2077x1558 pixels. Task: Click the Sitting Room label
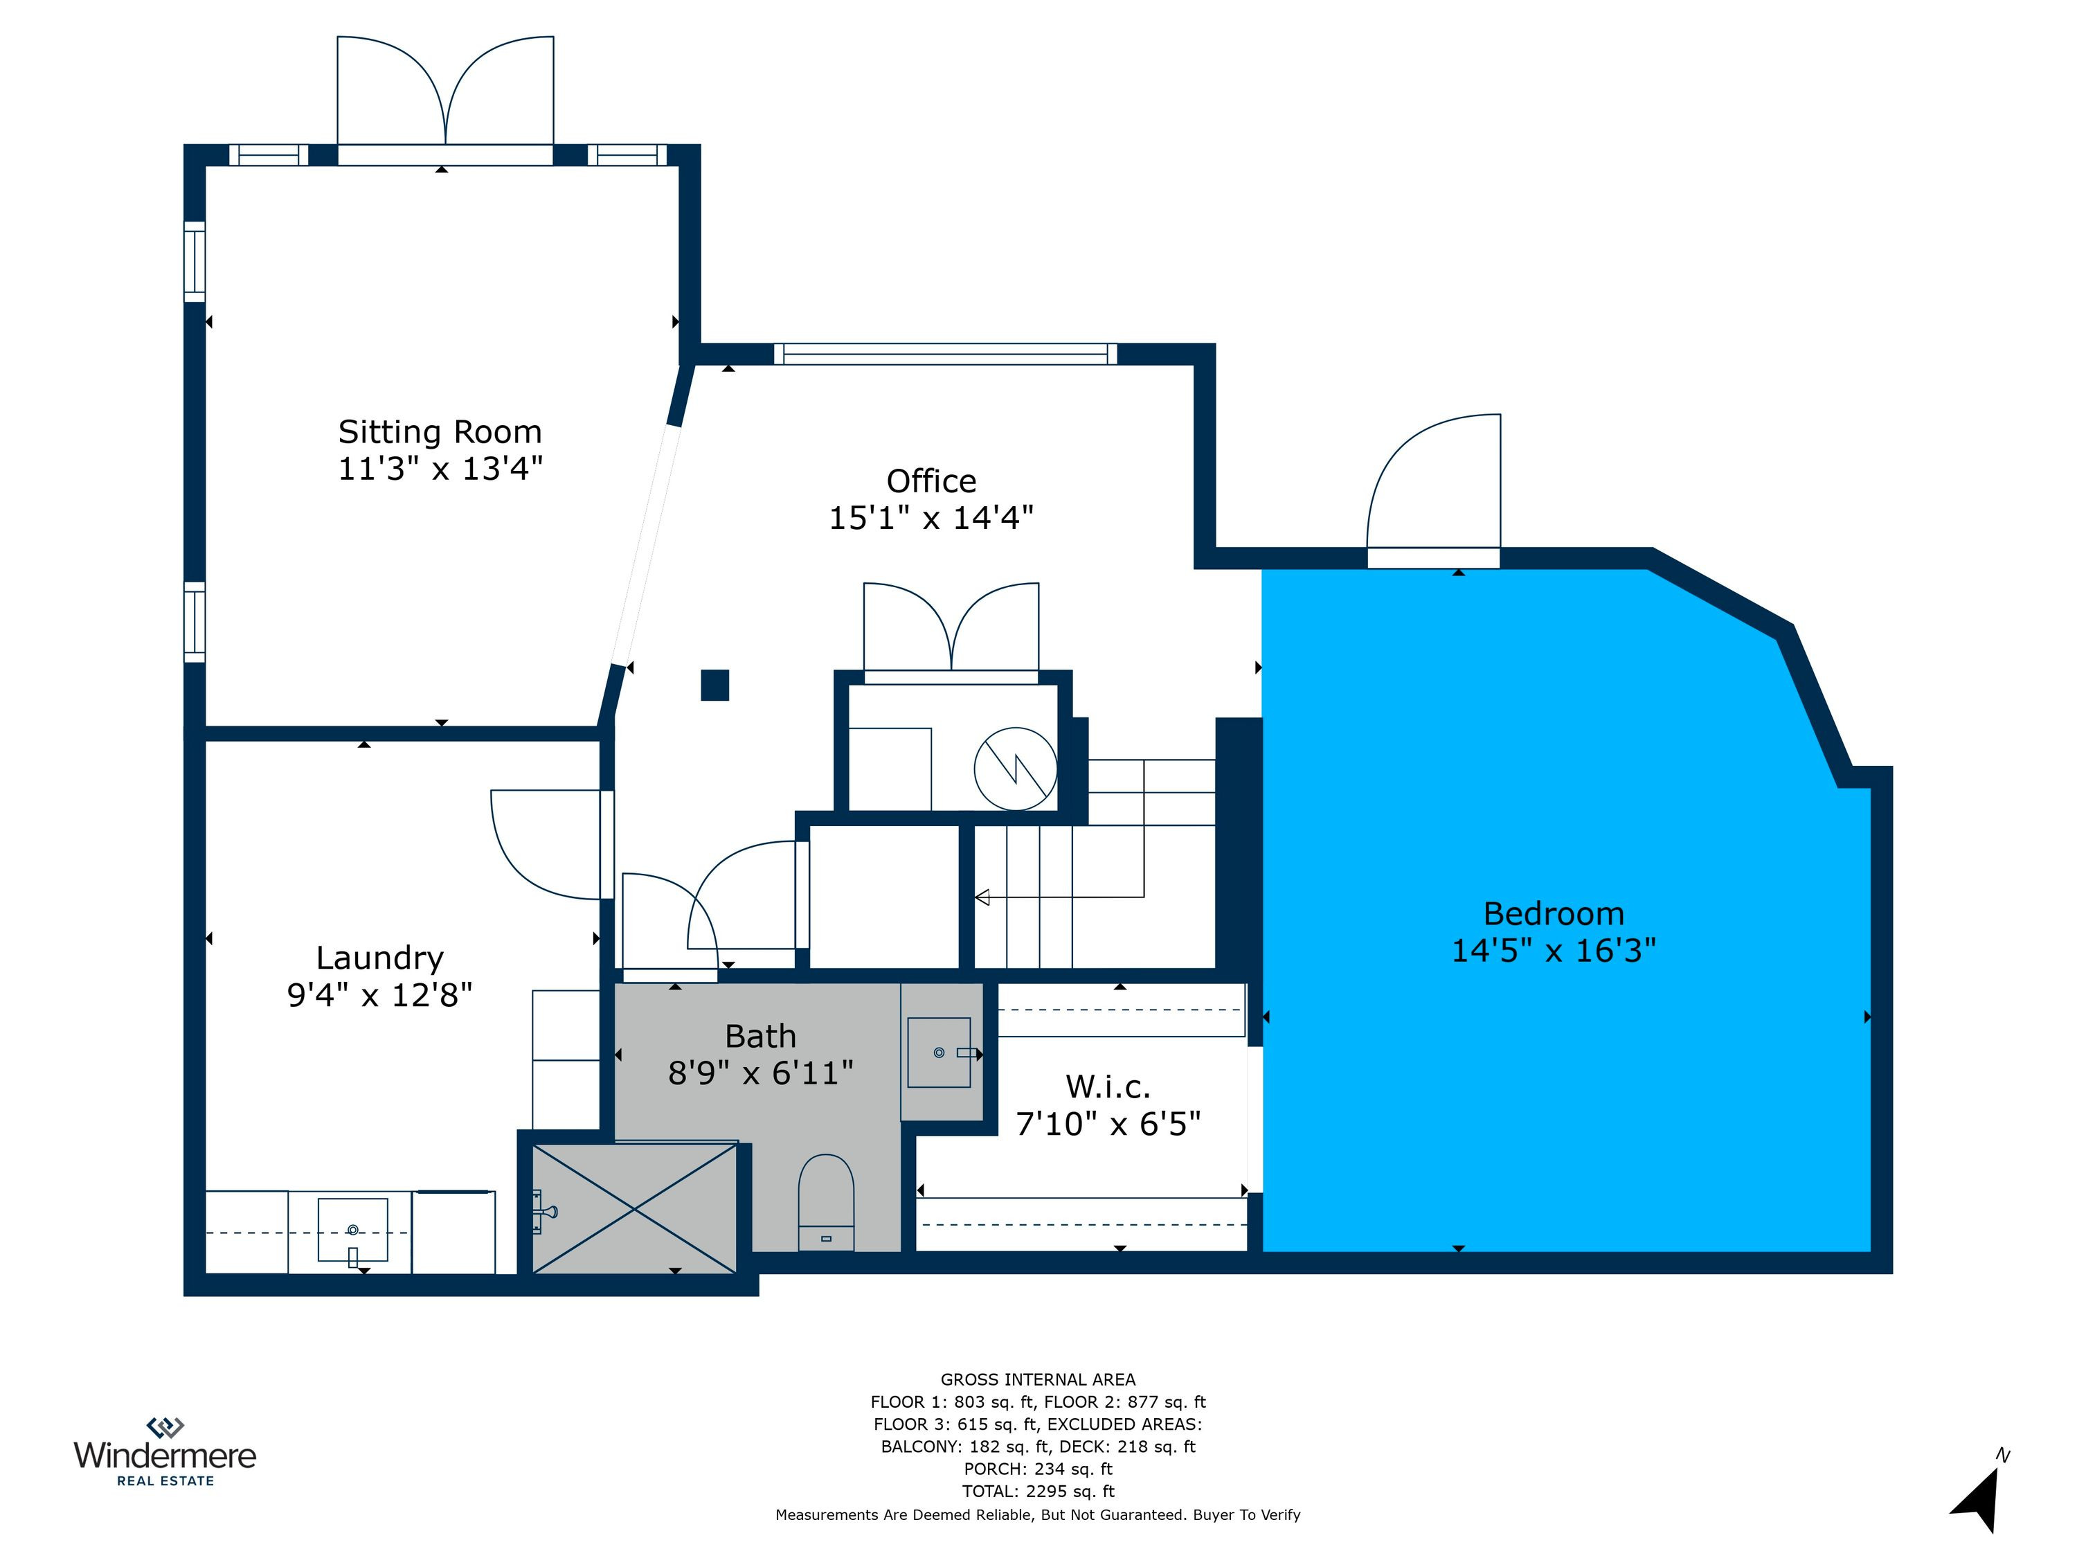tap(440, 432)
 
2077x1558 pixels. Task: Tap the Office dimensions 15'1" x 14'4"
tap(930, 517)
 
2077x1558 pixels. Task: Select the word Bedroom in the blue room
tap(1554, 914)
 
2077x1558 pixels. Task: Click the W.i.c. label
tap(1108, 1086)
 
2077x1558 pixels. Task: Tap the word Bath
tap(761, 1036)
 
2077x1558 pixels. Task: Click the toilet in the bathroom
tap(826, 1203)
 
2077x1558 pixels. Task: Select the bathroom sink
tap(939, 1053)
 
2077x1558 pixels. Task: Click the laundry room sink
tap(353, 1230)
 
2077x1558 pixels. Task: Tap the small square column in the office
tap(714, 685)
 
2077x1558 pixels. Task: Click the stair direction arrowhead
tap(982, 898)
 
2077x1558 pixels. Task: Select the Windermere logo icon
tap(165, 1427)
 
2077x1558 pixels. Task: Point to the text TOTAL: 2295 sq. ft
tap(1038, 1492)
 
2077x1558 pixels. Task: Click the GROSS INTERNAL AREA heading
tap(1038, 1379)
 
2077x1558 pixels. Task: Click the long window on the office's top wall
tap(946, 354)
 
